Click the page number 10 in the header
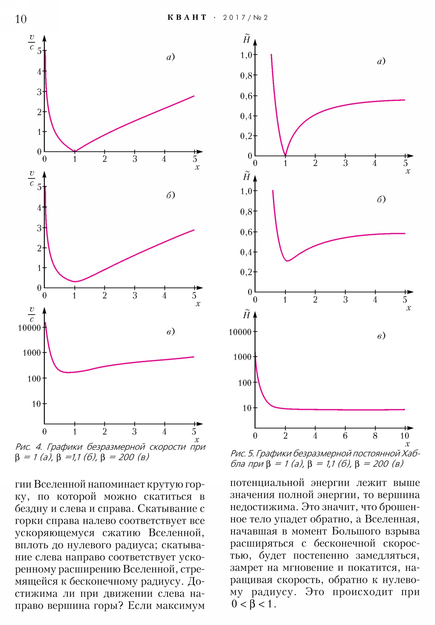(x=21, y=19)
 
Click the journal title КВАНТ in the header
(x=187, y=18)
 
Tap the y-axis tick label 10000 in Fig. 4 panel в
(x=29, y=328)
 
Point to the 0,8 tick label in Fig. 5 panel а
(x=246, y=75)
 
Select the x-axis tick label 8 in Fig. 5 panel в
(x=375, y=436)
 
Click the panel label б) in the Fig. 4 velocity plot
(x=170, y=195)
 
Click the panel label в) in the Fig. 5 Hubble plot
(x=381, y=336)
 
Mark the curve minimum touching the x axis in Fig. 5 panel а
(x=285, y=155)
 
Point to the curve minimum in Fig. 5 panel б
(x=287, y=261)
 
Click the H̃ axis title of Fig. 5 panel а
(x=247, y=39)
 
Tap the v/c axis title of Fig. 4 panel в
(x=32, y=314)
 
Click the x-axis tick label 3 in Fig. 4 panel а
(x=135, y=159)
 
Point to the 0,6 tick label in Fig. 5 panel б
(x=246, y=232)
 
